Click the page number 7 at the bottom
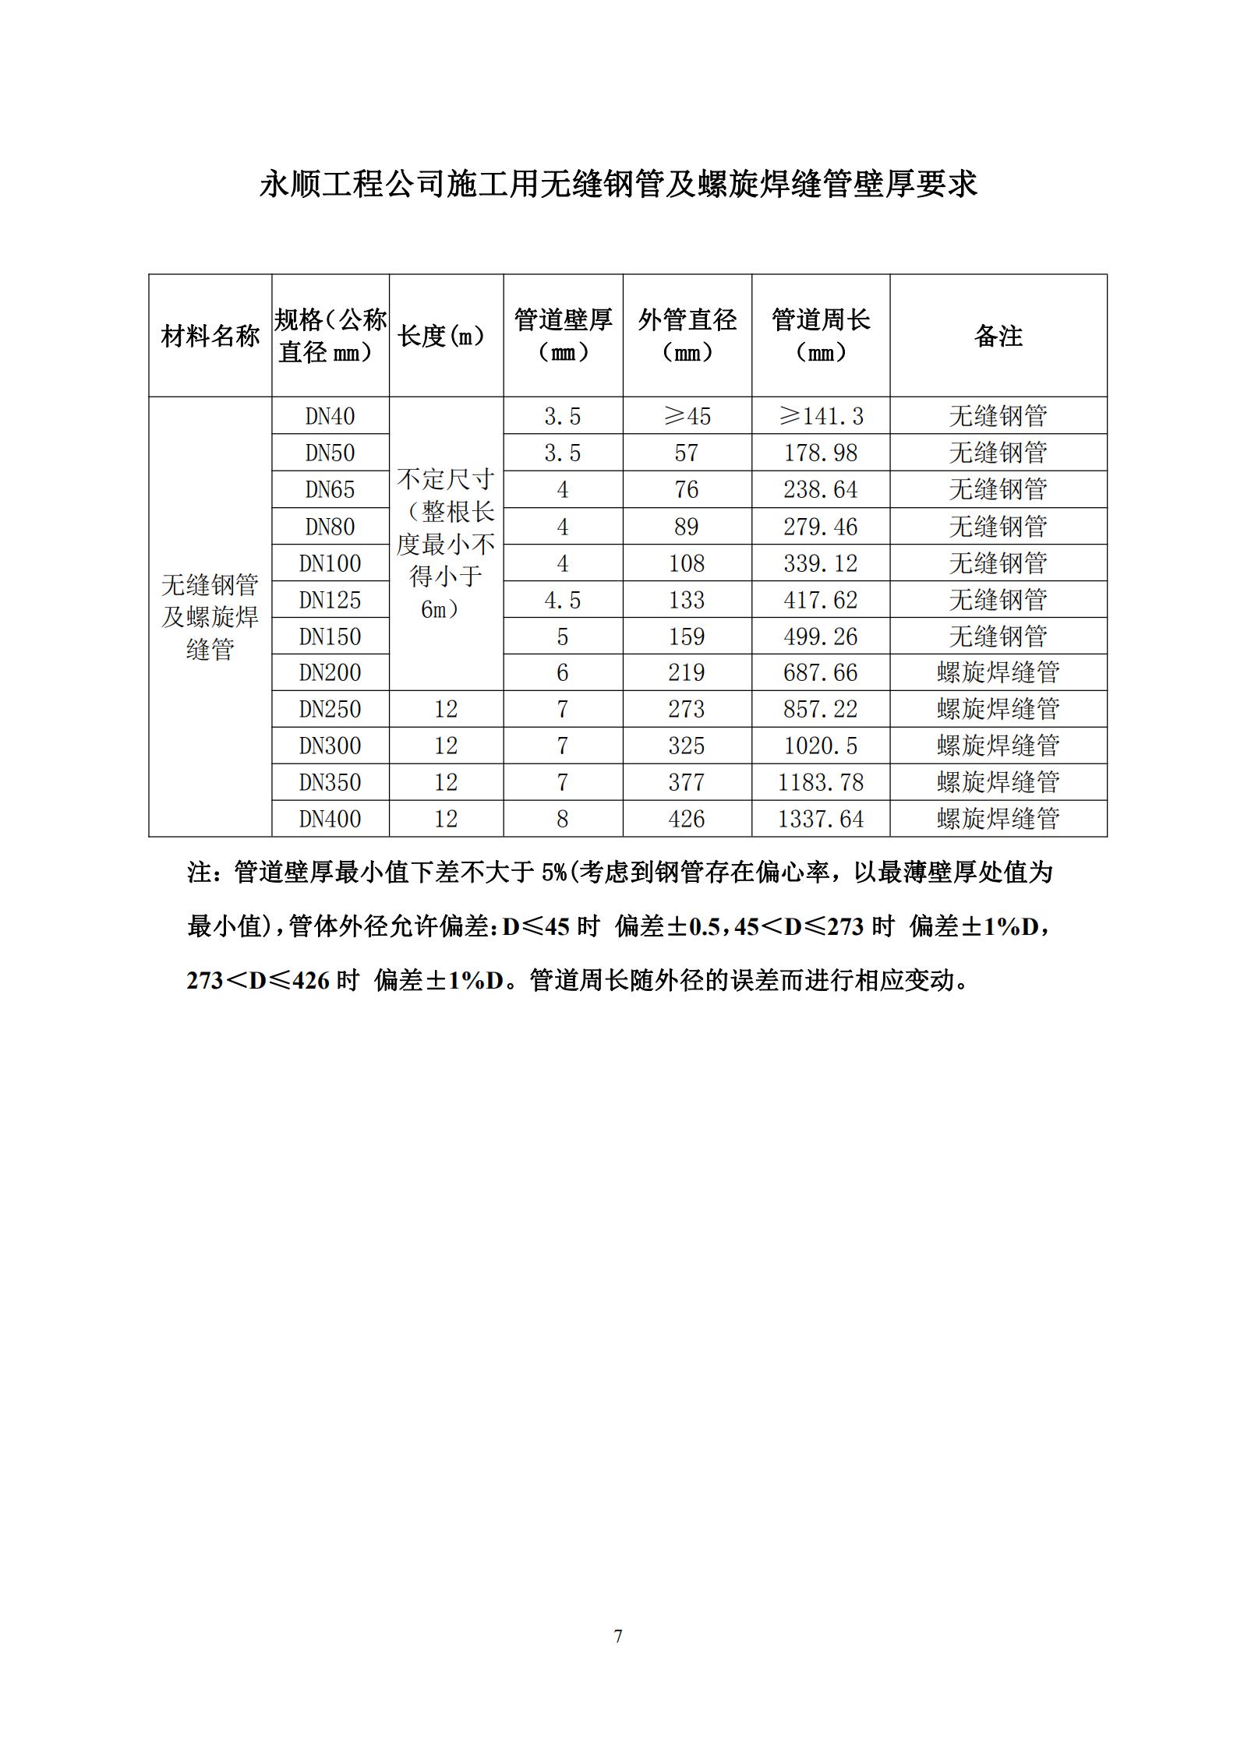[x=618, y=1636]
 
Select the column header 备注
[x=998, y=336]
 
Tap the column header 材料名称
[x=210, y=337]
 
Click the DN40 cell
[x=330, y=416]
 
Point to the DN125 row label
[x=330, y=600]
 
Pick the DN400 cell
[x=330, y=819]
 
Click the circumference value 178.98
[x=820, y=453]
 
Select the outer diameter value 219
[x=686, y=672]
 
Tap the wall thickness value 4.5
[x=562, y=600]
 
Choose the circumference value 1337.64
[x=820, y=819]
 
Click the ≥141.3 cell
[x=820, y=416]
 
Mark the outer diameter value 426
[x=686, y=819]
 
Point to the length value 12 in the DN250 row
[x=446, y=709]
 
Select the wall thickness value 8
[x=562, y=819]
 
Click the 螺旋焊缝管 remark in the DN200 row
[x=998, y=672]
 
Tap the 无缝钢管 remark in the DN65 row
[x=998, y=489]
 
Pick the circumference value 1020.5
[x=820, y=746]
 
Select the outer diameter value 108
[x=686, y=563]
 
